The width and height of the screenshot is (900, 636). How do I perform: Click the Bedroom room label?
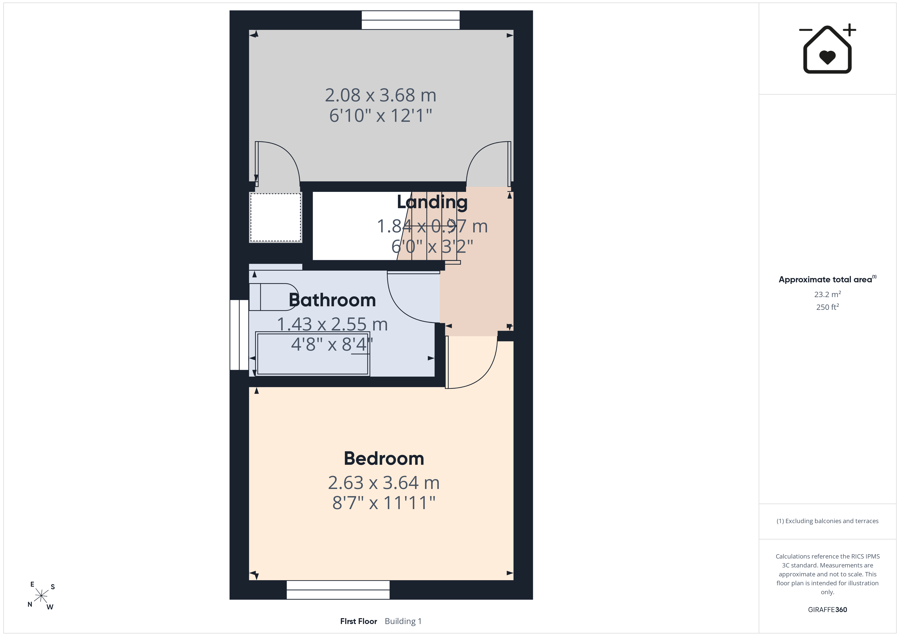point(384,459)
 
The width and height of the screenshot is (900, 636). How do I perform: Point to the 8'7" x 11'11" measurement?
point(384,503)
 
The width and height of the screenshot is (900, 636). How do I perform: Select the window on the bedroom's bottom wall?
point(338,590)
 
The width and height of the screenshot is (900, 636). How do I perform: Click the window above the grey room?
point(410,20)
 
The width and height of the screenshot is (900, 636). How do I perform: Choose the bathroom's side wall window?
point(239,335)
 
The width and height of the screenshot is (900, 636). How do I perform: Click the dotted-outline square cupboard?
point(276,217)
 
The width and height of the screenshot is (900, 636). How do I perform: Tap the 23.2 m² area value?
point(828,294)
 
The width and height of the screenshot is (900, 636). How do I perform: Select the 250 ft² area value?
point(828,307)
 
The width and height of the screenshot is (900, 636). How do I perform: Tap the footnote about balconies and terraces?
point(828,521)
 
